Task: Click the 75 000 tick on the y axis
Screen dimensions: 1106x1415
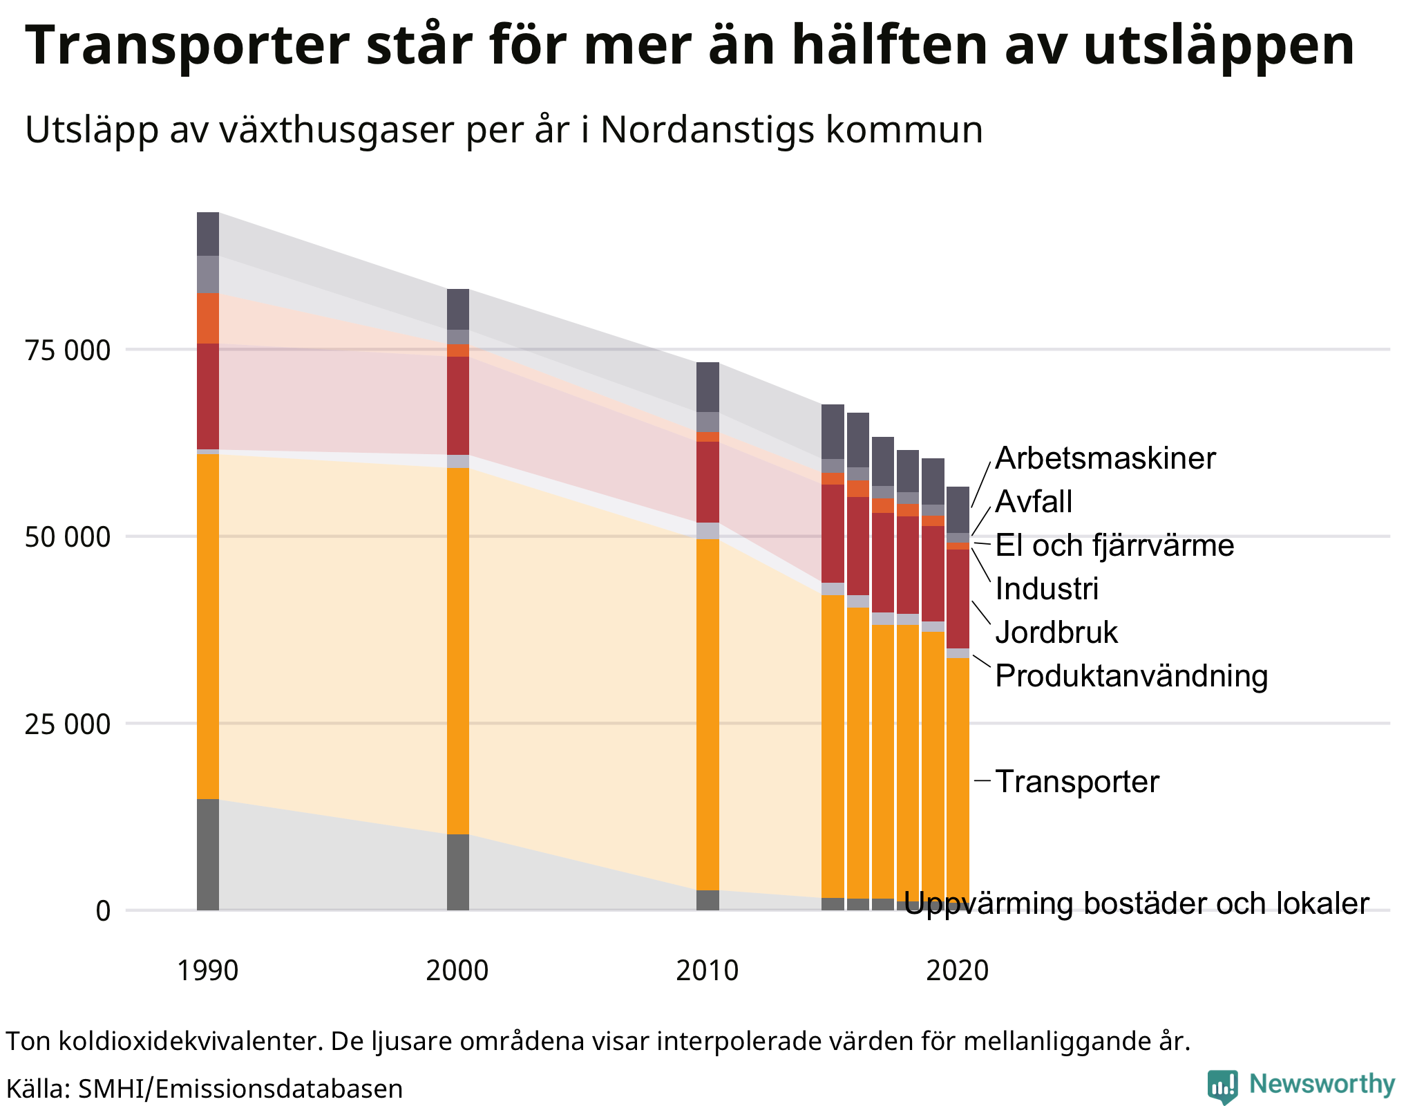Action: (68, 350)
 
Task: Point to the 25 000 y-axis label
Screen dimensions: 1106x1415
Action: (68, 724)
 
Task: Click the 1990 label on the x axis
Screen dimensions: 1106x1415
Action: (207, 971)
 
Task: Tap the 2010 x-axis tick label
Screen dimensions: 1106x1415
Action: (707, 971)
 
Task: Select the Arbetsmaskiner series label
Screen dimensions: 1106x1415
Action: (1105, 459)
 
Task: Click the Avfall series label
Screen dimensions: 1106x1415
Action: (1034, 502)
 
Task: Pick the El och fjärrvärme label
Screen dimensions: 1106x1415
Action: (1114, 545)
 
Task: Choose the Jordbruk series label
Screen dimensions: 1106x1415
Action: (1056, 632)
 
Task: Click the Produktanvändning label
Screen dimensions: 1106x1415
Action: (1131, 676)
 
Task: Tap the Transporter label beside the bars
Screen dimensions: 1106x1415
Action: (1076, 782)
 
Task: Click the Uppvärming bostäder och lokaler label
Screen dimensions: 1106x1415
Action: (1136, 903)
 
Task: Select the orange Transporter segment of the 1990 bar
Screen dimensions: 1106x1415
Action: (208, 626)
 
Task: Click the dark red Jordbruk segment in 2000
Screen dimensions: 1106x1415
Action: (458, 406)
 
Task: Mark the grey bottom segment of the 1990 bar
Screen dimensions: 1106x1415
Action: (208, 854)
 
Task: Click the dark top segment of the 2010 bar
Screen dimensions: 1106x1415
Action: (707, 387)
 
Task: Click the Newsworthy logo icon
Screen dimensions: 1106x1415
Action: (1222, 1086)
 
